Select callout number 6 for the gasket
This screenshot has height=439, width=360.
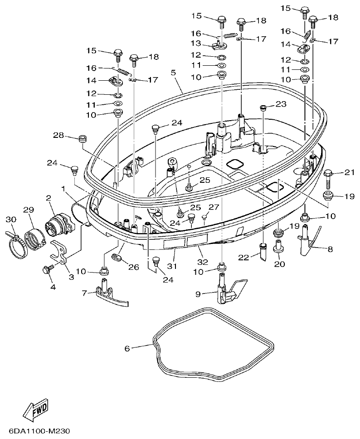(127, 348)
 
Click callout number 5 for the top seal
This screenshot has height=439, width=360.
(173, 72)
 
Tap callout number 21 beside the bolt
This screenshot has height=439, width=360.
(349, 172)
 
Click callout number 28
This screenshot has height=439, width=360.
(58, 136)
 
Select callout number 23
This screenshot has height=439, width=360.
(281, 104)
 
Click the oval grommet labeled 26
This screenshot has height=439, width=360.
(117, 258)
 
